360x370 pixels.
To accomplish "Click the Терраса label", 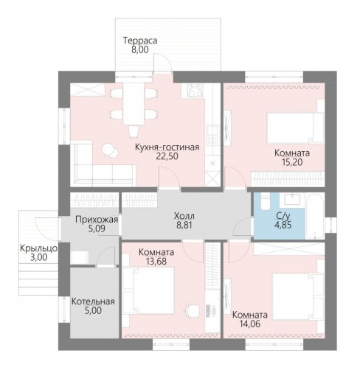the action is pyautogui.click(x=140, y=41).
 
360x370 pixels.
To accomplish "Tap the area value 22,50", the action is pyautogui.click(x=167, y=156).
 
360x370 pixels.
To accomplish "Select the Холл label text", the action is pyautogui.click(x=184, y=216).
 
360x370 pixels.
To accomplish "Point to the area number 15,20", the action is pyautogui.click(x=292, y=162).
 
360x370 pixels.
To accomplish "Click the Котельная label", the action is pyautogui.click(x=93, y=301).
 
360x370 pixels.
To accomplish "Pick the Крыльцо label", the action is pyautogui.click(x=38, y=248).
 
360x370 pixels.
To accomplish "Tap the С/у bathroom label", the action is pyautogui.click(x=283, y=216).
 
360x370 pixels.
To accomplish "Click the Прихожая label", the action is pyautogui.click(x=97, y=220).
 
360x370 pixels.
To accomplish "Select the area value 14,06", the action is pyautogui.click(x=250, y=324).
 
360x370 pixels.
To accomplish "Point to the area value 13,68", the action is pyautogui.click(x=156, y=262).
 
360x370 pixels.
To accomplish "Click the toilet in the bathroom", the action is pyautogui.click(x=265, y=201).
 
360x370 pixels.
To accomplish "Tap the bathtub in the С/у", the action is pyautogui.click(x=315, y=216).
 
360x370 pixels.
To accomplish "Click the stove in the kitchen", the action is pyautogui.click(x=195, y=90).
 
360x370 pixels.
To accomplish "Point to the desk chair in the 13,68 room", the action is pyautogui.click(x=191, y=310).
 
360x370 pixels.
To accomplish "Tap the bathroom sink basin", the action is pyautogui.click(x=292, y=199).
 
